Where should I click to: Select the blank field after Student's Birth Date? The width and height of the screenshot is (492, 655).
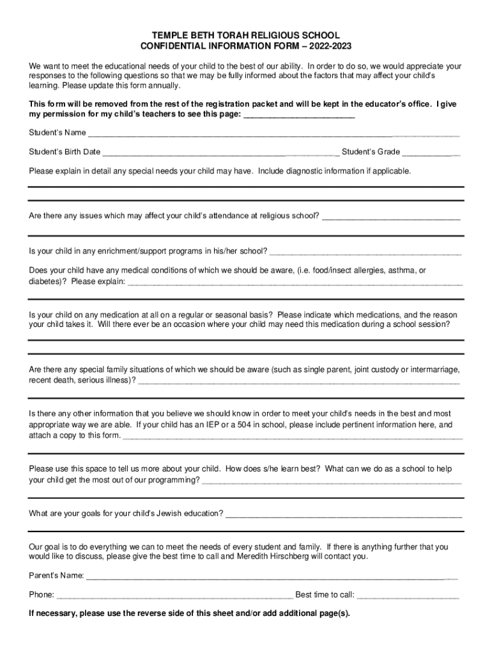[x=220, y=152]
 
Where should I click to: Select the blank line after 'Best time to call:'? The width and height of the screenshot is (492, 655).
[x=408, y=595]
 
